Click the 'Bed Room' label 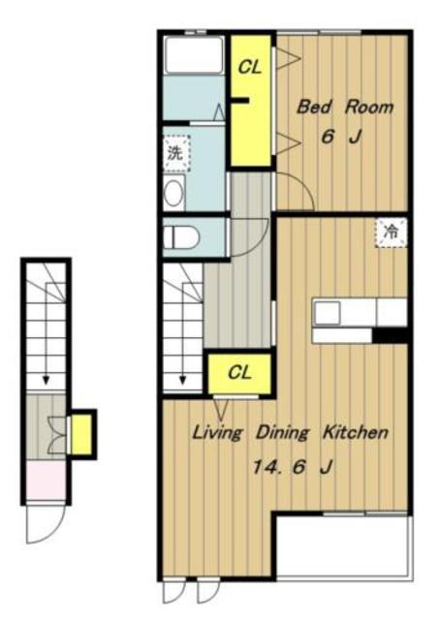click(x=345, y=107)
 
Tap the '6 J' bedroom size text click(x=341, y=138)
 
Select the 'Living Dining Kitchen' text click(x=290, y=433)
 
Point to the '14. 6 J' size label click(x=292, y=467)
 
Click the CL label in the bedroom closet click(x=250, y=67)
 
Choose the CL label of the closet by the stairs click(x=239, y=372)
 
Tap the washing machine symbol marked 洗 click(x=175, y=153)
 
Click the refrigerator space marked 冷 click(x=391, y=232)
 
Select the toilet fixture click(x=180, y=237)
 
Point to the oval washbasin click(x=173, y=194)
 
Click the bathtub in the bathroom click(x=194, y=55)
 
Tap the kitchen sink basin click(x=328, y=313)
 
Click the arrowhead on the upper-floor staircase click(x=182, y=380)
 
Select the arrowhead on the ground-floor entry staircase click(x=46, y=380)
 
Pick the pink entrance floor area click(x=46, y=480)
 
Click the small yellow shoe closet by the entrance click(x=82, y=434)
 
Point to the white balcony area click(x=343, y=546)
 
